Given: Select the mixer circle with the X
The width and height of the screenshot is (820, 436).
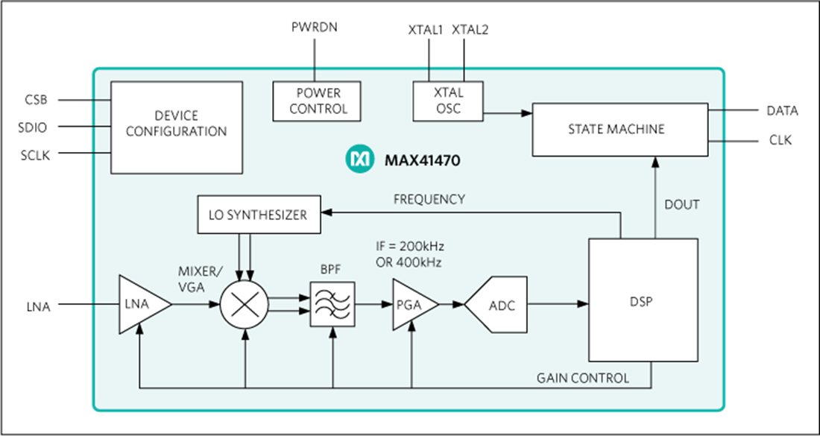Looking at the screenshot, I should coord(245,304).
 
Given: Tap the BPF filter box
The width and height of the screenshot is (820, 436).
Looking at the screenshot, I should coord(332,304).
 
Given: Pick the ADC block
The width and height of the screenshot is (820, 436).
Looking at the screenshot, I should coord(498,304).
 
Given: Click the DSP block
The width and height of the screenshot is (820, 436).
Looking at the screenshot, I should coord(643,300).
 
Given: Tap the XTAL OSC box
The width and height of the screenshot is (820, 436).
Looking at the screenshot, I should coord(448,101).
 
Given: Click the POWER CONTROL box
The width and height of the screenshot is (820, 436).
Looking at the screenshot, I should coord(318,101).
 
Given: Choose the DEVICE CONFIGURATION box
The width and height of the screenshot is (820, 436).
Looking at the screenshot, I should coord(176,124).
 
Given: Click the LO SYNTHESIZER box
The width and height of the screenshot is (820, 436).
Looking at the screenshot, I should coord(259,215).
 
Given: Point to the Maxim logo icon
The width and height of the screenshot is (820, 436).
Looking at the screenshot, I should coord(360,159).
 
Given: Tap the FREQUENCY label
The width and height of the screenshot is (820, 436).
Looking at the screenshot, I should coord(429,199).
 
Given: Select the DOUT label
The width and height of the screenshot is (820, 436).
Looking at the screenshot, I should coord(681,204).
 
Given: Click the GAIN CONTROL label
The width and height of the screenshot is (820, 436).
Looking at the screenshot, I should coord(582,378).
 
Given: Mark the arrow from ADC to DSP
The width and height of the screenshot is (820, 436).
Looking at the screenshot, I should coord(558,304).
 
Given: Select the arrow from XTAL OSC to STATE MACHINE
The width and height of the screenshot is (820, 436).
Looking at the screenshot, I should coord(507,113).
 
